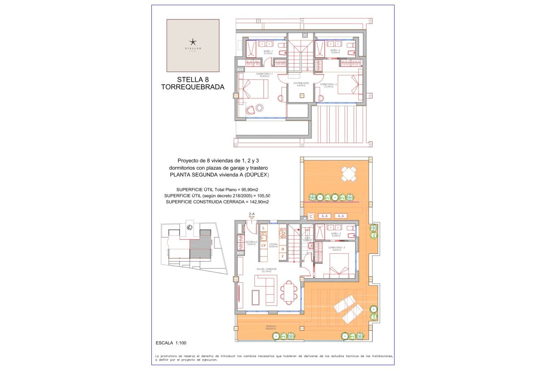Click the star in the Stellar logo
click(x=193, y=42)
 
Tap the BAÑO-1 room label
click(x=268, y=52)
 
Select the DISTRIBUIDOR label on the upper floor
click(x=301, y=84)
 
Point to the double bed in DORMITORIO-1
click(x=254, y=88)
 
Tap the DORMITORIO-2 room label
click(x=328, y=85)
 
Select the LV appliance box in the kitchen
click(x=263, y=245)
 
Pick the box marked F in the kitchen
click(x=283, y=257)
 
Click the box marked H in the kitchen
click(x=283, y=249)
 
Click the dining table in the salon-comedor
click(x=289, y=291)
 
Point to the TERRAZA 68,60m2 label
click(x=271, y=327)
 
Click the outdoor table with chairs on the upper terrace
click(x=349, y=174)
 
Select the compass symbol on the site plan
click(x=189, y=227)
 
